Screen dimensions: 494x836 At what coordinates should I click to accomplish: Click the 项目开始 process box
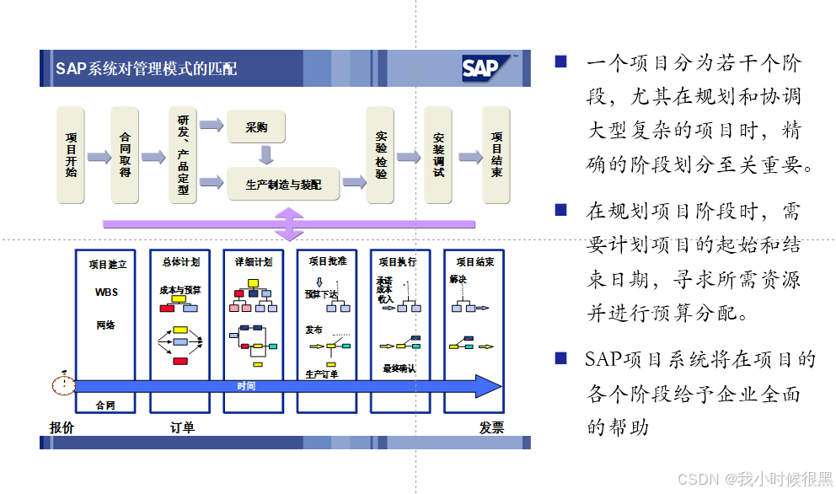[71, 155]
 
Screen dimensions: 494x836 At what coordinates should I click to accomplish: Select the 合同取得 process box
[125, 155]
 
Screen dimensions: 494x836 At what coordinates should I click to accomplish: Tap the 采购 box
[256, 128]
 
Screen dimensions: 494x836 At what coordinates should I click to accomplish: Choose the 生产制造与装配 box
[283, 183]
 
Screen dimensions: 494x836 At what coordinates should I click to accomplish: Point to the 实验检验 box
[381, 155]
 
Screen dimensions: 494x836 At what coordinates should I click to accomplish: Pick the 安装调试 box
[438, 155]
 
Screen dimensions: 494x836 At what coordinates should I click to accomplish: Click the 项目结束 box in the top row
[496, 155]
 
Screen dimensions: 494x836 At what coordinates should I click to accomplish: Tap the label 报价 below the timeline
[62, 427]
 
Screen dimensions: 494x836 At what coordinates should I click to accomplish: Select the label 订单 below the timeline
[181, 427]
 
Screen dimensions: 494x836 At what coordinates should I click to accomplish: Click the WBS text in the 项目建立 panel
[107, 293]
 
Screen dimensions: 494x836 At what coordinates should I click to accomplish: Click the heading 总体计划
[180, 262]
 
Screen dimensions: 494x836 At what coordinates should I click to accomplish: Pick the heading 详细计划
[253, 262]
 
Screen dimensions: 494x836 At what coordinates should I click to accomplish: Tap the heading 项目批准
[327, 261]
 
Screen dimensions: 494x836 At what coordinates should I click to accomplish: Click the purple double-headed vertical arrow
[290, 223]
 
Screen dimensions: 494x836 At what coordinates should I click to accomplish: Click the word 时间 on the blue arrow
[246, 386]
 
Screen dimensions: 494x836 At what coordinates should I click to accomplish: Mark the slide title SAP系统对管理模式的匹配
[146, 68]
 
